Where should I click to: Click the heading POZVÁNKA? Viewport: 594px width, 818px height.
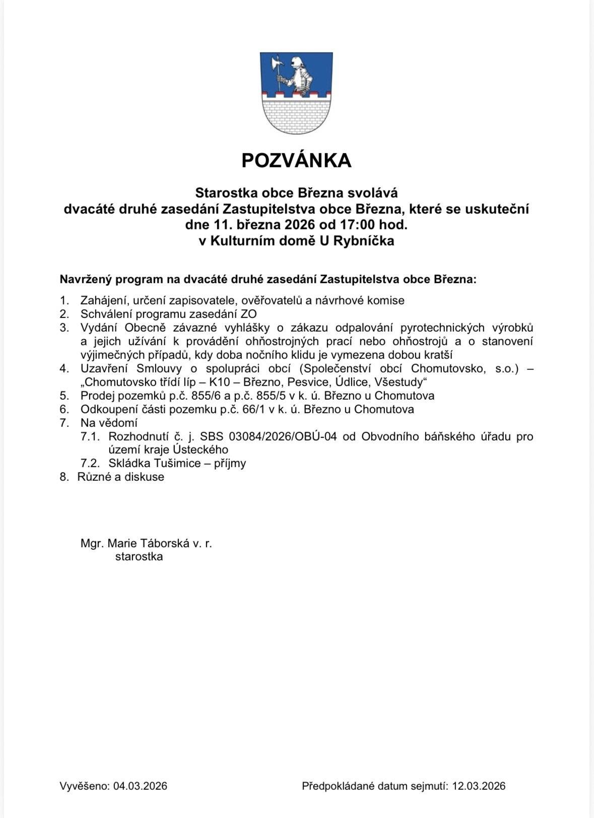click(296, 160)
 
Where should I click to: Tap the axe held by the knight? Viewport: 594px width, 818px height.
click(275, 66)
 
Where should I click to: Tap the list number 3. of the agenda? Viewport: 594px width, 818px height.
click(64, 328)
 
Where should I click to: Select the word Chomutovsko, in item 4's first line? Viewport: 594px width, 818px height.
click(443, 368)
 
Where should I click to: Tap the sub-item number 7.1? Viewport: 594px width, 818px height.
click(90, 436)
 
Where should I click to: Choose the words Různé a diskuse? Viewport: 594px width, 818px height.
click(121, 477)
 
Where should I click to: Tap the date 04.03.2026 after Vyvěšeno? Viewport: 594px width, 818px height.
click(140, 786)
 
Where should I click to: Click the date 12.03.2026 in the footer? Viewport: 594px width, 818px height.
click(478, 786)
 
